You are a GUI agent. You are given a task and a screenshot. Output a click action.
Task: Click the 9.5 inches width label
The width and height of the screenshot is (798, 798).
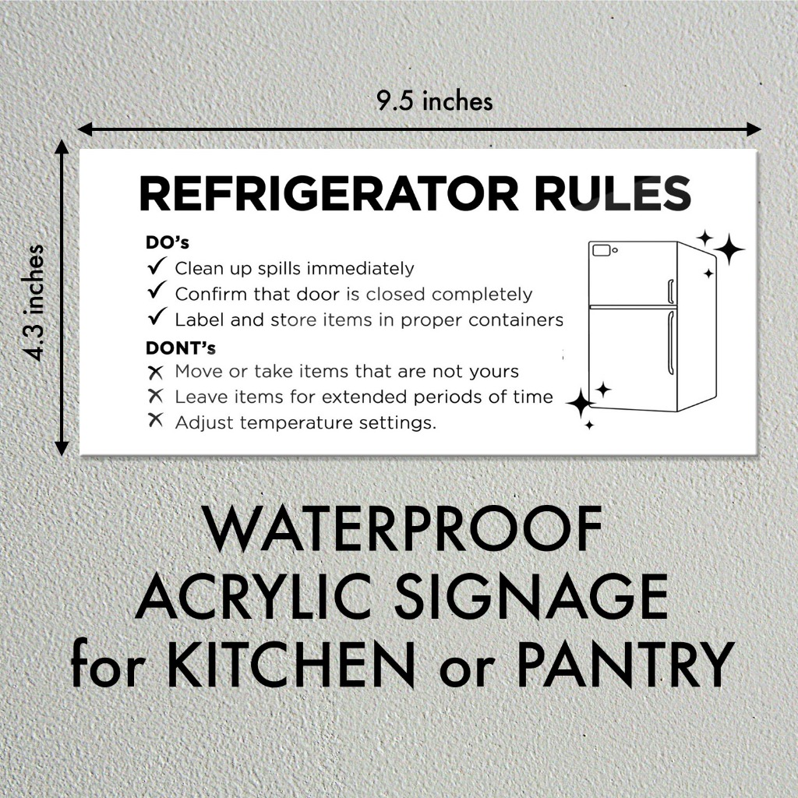point(435,102)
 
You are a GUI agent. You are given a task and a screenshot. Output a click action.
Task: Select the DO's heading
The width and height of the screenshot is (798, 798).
point(168,242)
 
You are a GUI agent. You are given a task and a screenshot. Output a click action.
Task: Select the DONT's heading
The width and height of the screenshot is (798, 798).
point(181,347)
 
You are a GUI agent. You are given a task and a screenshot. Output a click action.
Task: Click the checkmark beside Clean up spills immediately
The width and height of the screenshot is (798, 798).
point(156,267)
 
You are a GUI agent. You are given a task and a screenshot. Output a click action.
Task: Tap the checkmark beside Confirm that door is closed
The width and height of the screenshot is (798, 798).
point(156,293)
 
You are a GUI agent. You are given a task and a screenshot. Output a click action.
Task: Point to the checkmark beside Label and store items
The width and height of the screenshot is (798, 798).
point(156,319)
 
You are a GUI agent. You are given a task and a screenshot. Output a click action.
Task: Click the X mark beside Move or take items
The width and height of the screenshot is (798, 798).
point(156,372)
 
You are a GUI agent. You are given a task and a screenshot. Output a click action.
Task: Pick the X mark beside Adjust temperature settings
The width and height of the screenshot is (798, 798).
point(156,422)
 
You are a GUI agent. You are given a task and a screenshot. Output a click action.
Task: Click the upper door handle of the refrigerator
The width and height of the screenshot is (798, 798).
point(670,291)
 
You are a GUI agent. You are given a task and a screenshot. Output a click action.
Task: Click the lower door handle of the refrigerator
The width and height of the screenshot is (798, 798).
point(669,343)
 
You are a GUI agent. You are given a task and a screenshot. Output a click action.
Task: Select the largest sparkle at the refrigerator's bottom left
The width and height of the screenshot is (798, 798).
point(580,404)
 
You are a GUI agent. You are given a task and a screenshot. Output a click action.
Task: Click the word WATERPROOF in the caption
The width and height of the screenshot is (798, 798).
point(404,531)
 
